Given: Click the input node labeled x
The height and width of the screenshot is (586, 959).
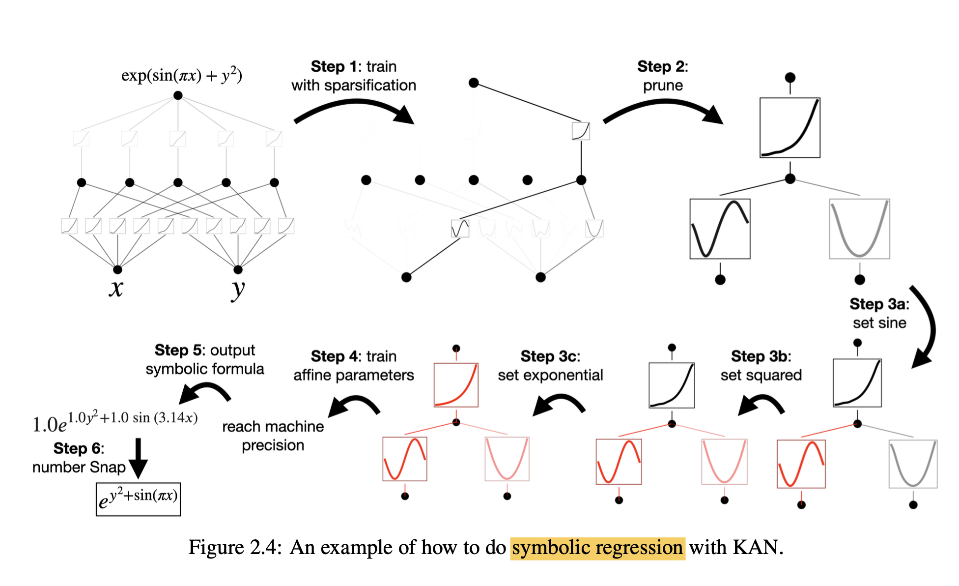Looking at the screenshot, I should [117, 269].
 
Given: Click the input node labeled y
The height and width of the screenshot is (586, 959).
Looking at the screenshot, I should [238, 269].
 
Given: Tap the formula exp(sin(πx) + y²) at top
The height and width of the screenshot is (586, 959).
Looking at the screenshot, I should [182, 75].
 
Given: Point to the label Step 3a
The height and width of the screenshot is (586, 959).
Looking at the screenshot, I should [879, 304].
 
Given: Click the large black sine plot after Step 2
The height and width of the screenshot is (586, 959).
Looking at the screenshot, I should [720, 229].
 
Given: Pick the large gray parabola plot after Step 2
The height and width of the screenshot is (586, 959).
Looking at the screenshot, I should [859, 229].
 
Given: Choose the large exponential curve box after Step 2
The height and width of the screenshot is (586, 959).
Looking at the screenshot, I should [790, 128].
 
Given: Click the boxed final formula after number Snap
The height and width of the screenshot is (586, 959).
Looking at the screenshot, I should [138, 499].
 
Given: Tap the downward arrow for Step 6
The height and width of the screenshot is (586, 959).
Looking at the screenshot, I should [138, 457].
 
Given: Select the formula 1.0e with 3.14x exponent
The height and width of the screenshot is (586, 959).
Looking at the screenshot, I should [115, 421].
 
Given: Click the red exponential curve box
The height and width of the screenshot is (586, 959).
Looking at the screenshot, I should [456, 385].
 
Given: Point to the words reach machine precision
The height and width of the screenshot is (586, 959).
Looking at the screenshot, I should [273, 436].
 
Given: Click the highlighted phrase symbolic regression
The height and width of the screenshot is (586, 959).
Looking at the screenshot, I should [597, 548].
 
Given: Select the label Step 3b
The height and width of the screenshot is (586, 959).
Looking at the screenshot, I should [761, 356].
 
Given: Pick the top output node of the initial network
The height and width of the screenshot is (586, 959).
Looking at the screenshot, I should [178, 95].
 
